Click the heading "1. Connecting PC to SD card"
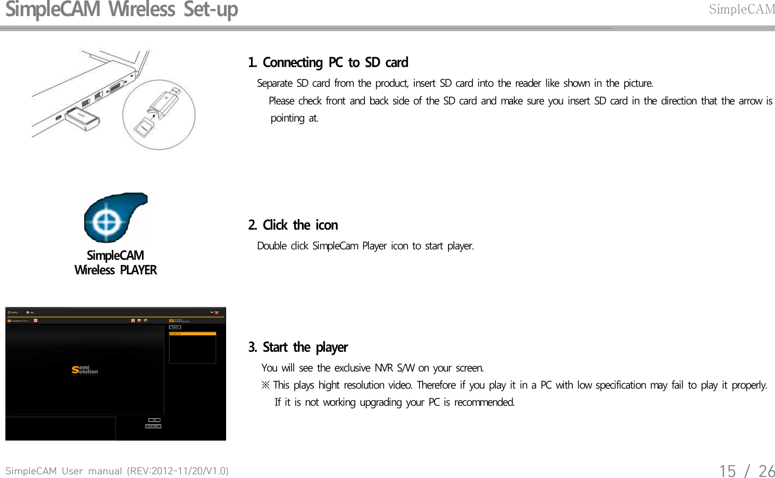(328, 63)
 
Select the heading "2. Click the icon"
(293, 225)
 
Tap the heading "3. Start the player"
(298, 347)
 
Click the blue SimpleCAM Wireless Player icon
(115, 218)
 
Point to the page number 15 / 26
(746, 470)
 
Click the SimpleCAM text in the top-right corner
(742, 9)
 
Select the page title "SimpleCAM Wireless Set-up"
(122, 10)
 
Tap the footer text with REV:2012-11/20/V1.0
(117, 471)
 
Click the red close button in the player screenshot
(217, 313)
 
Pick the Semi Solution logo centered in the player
(85, 369)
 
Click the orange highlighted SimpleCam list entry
(192, 334)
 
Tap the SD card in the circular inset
(143, 126)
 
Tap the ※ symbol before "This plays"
(266, 385)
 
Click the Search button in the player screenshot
(175, 327)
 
